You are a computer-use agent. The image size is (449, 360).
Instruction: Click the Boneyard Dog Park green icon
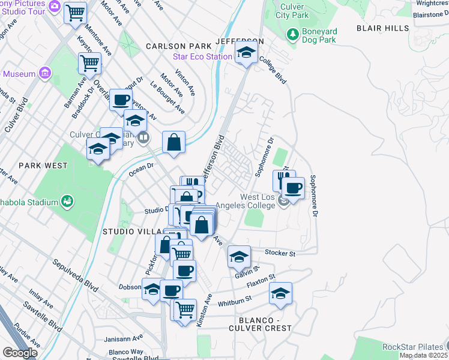[x=293, y=34]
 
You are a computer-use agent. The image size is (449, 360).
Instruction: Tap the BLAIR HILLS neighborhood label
[x=382, y=28]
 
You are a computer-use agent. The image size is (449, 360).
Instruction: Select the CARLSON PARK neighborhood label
[x=178, y=46]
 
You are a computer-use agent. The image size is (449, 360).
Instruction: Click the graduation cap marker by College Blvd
[x=246, y=53]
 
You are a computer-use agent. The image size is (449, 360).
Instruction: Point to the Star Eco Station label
[x=202, y=56]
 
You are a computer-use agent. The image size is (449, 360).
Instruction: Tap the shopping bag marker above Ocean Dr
[x=173, y=143]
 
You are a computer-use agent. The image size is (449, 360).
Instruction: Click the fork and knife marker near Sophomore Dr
[x=284, y=179]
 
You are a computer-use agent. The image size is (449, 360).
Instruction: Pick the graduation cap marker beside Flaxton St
[x=280, y=293]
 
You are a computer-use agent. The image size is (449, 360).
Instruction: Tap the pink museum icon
[x=44, y=74]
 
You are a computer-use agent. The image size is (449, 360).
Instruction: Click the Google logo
[x=19, y=352]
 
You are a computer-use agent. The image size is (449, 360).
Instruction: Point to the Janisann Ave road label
[x=123, y=337]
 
